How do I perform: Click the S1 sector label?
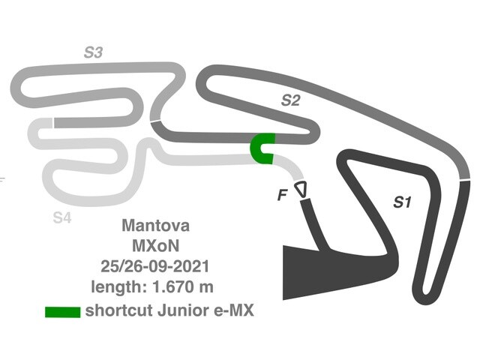tap(403, 201)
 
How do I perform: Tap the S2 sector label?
tap(290, 100)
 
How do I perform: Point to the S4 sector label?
tap(62, 217)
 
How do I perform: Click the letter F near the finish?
tap(282, 195)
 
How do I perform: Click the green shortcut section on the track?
tap(263, 148)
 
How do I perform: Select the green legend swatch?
tap(62, 310)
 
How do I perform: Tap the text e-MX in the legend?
tap(235, 310)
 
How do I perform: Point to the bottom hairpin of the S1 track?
tap(427, 292)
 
